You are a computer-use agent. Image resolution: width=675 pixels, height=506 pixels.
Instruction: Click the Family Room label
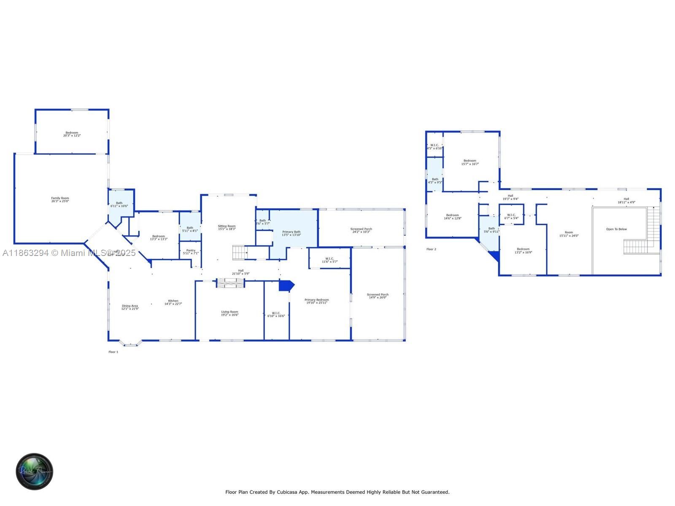coord(60,199)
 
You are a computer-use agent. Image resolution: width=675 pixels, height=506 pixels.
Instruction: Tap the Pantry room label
coord(191,252)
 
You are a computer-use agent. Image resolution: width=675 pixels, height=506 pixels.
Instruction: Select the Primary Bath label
coord(291,233)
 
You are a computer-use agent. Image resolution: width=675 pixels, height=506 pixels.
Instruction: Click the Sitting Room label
coord(227,227)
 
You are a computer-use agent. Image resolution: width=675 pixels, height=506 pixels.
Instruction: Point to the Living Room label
coord(229,313)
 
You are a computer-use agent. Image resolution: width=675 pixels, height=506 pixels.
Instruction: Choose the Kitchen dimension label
coord(173,302)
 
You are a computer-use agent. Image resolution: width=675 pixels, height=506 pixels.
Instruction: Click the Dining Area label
coord(130,307)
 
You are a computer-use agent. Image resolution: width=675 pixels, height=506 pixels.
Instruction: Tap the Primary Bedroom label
coord(316,301)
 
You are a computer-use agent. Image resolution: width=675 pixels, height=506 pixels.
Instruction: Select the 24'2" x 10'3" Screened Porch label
coord(361,230)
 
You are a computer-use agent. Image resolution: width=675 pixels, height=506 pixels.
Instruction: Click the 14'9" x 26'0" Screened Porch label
coord(378,296)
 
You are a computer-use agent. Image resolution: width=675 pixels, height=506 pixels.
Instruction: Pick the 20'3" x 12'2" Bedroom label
coord(72,134)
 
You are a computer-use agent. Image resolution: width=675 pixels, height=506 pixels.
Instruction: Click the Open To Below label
coord(616,229)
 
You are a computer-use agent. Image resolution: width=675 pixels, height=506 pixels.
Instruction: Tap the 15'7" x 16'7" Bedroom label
coord(470,162)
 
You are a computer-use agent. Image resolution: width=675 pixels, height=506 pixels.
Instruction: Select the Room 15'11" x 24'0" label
coord(569,234)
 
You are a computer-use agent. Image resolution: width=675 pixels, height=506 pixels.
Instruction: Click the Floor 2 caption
coord(431,249)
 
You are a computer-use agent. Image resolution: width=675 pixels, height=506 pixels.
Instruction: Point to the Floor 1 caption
coord(113,352)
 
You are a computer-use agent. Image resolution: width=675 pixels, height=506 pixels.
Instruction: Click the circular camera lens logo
coord(34,471)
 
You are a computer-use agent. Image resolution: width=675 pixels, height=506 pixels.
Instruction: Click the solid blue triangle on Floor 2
coord(495,256)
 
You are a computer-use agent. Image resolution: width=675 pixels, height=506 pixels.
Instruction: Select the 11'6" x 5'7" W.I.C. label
coord(329,260)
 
